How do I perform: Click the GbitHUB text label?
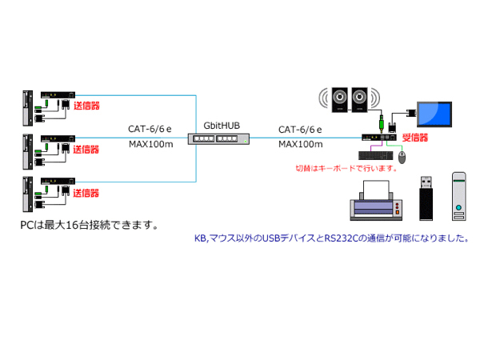pyautogui.click(x=222, y=126)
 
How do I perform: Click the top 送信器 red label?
pyautogui.click(x=86, y=105)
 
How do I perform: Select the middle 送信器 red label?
pyautogui.click(x=86, y=149)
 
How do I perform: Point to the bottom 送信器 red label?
pyautogui.click(x=86, y=193)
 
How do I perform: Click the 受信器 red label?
pyautogui.click(x=417, y=138)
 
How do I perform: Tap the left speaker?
pyautogui.click(x=339, y=98)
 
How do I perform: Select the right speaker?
pyautogui.click(x=361, y=98)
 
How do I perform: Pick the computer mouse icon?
pyautogui.click(x=402, y=158)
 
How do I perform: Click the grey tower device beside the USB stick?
pyautogui.click(x=459, y=195)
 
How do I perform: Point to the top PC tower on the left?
pyautogui.click(x=26, y=107)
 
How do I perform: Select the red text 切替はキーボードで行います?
pyautogui.click(x=346, y=168)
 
